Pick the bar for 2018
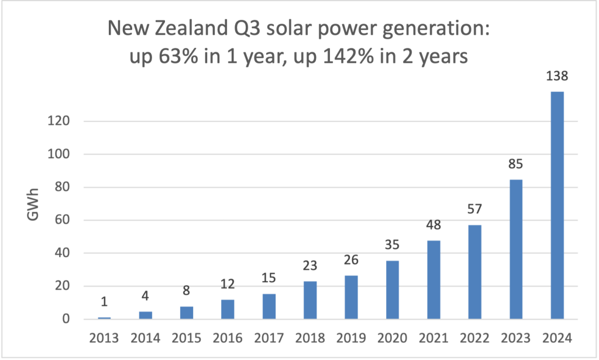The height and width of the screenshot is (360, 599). pos(310,300)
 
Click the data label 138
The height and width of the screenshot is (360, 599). pos(556,76)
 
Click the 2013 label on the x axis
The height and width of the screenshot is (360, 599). pos(104,338)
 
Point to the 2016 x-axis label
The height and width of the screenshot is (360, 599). pos(228,338)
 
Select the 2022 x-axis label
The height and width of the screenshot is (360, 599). pos(476,338)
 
